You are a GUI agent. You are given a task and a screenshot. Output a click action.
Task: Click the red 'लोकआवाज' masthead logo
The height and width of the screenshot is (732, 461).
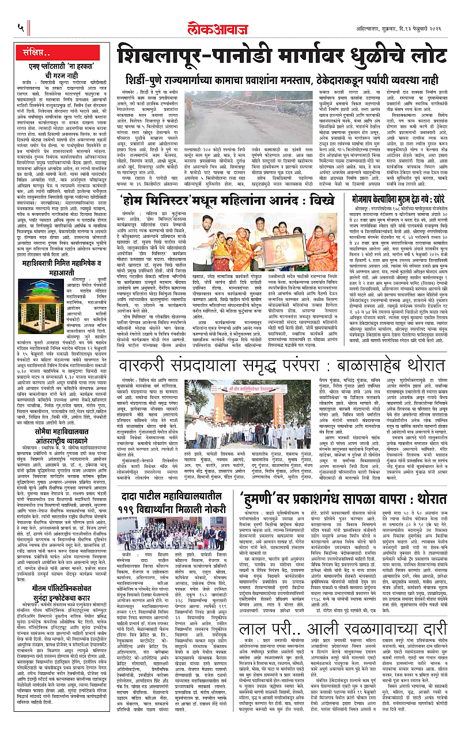click(231, 13)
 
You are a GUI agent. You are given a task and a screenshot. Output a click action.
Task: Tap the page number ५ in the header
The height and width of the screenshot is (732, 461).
click(21, 26)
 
